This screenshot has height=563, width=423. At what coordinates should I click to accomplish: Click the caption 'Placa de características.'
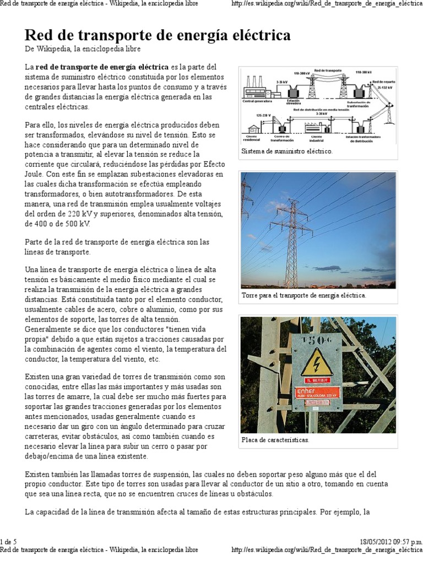(x=275, y=440)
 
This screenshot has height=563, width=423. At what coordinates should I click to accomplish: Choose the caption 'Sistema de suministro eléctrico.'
(x=287, y=151)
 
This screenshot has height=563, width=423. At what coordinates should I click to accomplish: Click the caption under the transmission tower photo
(x=303, y=295)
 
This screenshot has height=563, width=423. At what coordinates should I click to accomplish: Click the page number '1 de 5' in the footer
(x=9, y=542)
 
